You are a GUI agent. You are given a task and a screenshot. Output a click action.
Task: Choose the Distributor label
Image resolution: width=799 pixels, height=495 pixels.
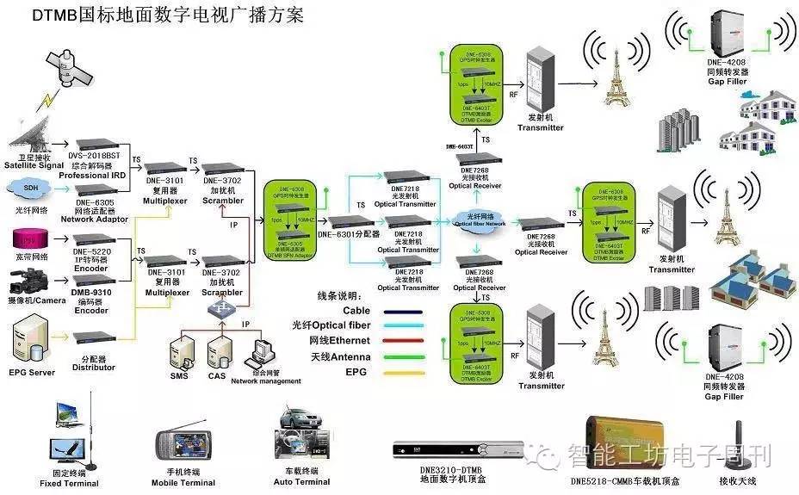[95, 368]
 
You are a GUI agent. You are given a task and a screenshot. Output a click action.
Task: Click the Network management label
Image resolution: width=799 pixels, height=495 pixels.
[266, 381]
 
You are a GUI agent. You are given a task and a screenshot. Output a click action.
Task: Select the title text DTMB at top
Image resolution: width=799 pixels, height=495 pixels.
[53, 15]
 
